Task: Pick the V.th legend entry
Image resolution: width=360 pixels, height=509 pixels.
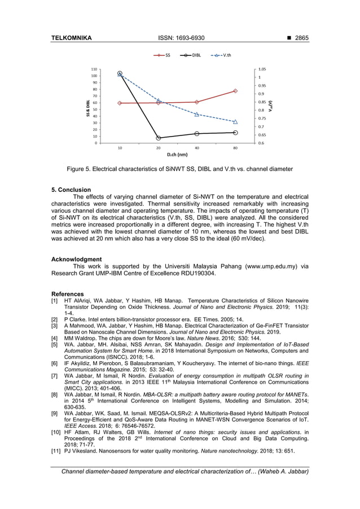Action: coord(223,55)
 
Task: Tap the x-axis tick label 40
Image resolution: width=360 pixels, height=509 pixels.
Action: coord(196,148)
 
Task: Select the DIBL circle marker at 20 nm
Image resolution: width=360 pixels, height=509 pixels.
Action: coord(159,138)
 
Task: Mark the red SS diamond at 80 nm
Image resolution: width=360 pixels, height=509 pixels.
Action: coord(235,91)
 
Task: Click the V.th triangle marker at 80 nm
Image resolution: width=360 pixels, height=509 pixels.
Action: coord(235,122)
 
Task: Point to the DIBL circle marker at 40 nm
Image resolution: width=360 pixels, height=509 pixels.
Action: coord(196,134)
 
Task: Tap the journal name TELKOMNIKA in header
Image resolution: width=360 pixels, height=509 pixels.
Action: coord(72,38)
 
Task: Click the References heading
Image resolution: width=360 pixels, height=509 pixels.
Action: coord(67,294)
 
